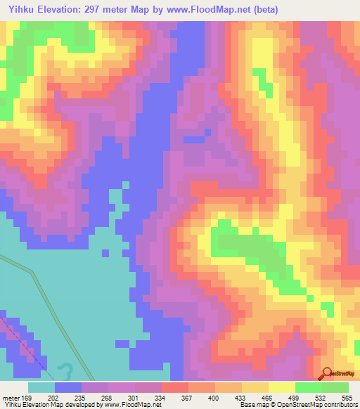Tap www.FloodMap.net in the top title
[x=213, y=10]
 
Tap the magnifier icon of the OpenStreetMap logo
[x=328, y=373]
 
